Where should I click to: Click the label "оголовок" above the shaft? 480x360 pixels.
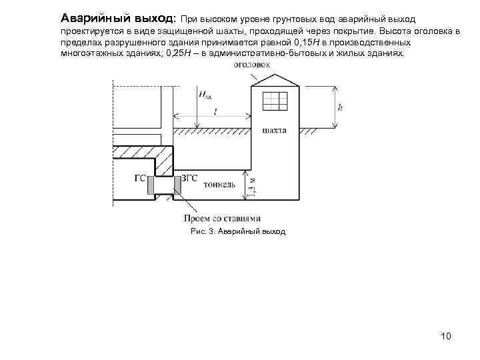(251, 65)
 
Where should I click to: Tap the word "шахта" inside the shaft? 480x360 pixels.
(274, 131)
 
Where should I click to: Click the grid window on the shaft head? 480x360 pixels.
(275, 100)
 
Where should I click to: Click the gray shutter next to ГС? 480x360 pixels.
(151, 186)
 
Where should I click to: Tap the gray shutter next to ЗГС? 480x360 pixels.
(177, 186)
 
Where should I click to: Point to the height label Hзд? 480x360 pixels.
(206, 95)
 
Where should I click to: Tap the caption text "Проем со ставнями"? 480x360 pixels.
(221, 219)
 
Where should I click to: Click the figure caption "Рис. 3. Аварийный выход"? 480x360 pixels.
(237, 231)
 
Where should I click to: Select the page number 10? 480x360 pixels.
(446, 335)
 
